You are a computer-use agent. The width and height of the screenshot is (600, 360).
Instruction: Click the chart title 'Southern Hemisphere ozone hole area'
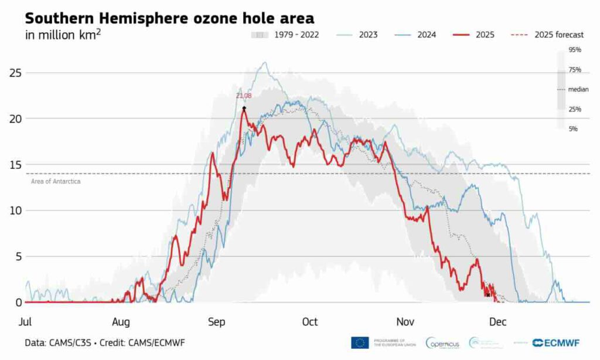point(170,18)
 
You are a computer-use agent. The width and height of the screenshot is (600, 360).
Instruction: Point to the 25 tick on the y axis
point(15,73)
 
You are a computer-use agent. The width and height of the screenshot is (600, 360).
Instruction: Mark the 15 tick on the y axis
point(15,165)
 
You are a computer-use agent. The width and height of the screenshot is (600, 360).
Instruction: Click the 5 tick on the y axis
point(18,256)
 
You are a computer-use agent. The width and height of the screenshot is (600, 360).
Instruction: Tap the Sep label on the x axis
point(216,322)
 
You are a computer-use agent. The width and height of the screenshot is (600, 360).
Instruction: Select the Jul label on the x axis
point(25,322)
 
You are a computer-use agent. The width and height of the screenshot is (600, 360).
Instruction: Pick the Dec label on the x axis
point(497,322)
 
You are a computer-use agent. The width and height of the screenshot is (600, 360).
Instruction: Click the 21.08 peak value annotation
point(244,96)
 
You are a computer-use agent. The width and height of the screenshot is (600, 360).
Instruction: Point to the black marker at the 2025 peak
point(244,108)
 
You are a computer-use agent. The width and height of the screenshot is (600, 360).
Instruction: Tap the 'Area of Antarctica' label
point(56,182)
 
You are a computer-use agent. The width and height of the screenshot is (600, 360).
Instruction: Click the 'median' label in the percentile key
point(578,90)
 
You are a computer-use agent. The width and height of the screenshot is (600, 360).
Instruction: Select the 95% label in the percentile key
point(574,50)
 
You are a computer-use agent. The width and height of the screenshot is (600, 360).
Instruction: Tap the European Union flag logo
point(360,342)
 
